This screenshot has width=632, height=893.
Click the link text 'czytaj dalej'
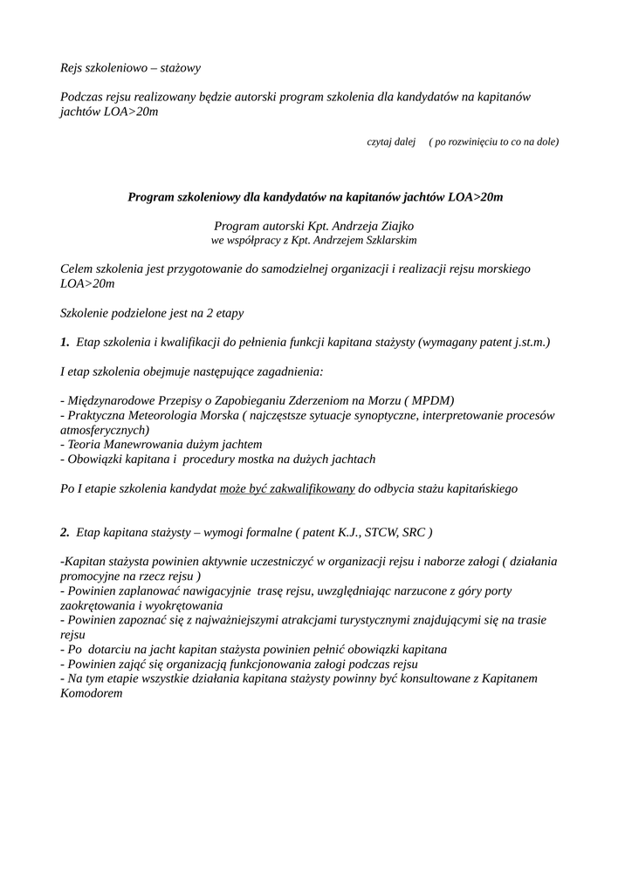(x=390, y=141)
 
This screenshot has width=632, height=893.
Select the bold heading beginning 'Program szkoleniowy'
(x=315, y=197)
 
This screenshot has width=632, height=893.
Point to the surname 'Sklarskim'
(x=390, y=239)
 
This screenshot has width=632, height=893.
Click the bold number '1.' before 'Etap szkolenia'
(x=65, y=343)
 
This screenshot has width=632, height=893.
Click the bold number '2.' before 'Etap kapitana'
(x=65, y=531)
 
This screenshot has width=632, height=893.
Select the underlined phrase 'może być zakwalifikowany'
(x=287, y=488)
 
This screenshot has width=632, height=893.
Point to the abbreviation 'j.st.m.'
(x=526, y=343)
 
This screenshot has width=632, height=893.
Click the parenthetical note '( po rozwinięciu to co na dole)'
(x=494, y=141)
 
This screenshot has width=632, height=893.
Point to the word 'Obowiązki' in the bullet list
(x=93, y=459)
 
